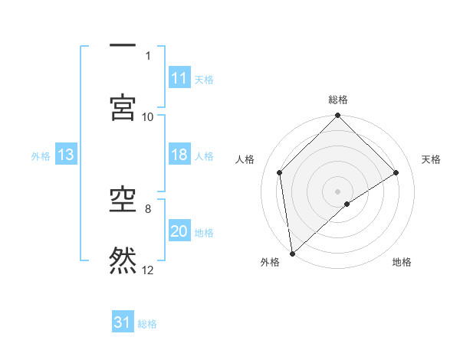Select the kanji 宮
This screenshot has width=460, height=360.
pyautogui.click(x=123, y=108)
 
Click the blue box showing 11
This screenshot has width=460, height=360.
pyautogui.click(x=179, y=78)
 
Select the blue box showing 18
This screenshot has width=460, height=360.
pyautogui.click(x=179, y=155)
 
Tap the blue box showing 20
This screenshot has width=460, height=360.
pyautogui.click(x=179, y=231)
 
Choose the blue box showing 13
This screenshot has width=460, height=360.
pyautogui.click(x=66, y=155)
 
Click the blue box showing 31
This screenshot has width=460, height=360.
pyautogui.click(x=123, y=322)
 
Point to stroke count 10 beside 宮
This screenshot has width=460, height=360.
pyautogui.click(x=148, y=116)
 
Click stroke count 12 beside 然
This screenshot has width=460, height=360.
pyautogui.click(x=148, y=270)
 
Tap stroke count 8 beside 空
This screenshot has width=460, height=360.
pyautogui.click(x=148, y=208)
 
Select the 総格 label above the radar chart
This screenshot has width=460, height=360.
pyautogui.click(x=338, y=100)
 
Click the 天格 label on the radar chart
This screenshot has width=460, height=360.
pyautogui.click(x=432, y=159)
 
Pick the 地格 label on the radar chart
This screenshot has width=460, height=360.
pyautogui.click(x=402, y=263)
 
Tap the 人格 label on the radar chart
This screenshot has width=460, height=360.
pyautogui.click(x=245, y=159)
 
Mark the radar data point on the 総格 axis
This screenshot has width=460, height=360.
pyautogui.click(x=338, y=116)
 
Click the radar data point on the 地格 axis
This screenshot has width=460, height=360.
pyautogui.click(x=347, y=204)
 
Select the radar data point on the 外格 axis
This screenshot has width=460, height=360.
pyautogui.click(x=292, y=254)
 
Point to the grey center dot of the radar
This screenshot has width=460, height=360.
pyautogui.click(x=338, y=191)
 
